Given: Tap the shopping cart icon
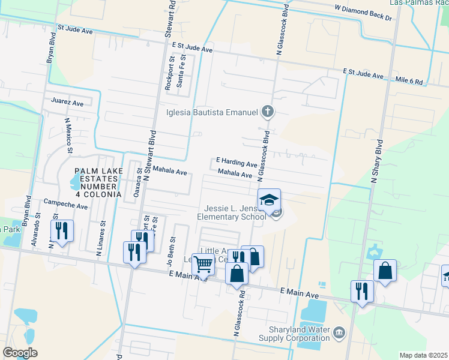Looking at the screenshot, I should click(x=204, y=263).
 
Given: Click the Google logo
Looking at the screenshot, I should click(x=20, y=353).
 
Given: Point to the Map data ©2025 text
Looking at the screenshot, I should click(x=423, y=355).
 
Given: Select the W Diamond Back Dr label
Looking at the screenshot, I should click(x=363, y=13).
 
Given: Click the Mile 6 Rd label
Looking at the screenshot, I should click(x=409, y=80).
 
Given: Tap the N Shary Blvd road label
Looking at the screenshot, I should click(x=377, y=161).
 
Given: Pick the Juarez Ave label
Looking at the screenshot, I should click(x=67, y=103).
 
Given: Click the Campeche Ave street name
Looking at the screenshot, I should click(x=65, y=206).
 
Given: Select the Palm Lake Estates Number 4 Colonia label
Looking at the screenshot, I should click(x=99, y=182).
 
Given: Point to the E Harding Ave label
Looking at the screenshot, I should click(x=237, y=162).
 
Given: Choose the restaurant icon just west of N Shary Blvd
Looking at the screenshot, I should click(x=362, y=291).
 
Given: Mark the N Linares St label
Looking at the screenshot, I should click(x=102, y=238).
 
